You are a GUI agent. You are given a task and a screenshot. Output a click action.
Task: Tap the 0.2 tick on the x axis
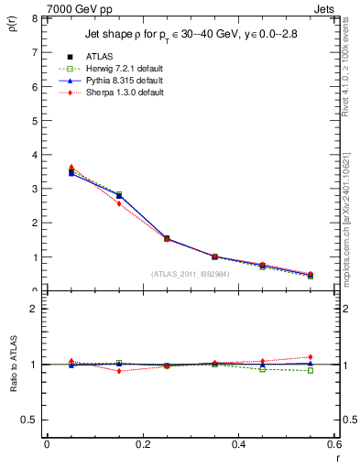[x=143, y=444]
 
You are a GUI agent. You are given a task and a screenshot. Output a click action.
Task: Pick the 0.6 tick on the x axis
[x=335, y=444]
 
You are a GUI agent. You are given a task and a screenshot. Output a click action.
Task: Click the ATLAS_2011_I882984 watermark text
[x=191, y=274]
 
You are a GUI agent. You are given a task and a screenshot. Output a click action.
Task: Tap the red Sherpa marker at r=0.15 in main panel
[x=119, y=203]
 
